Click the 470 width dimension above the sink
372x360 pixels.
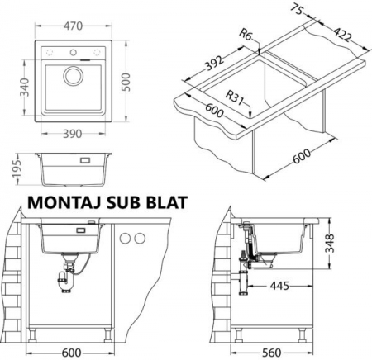73,26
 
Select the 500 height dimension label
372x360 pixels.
126,82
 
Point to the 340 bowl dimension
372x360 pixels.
25,88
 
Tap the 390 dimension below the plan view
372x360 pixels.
73,134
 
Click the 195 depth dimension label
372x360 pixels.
17,168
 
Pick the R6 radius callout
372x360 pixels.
245,35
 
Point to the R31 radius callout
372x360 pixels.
234,97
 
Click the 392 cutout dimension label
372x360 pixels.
215,64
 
